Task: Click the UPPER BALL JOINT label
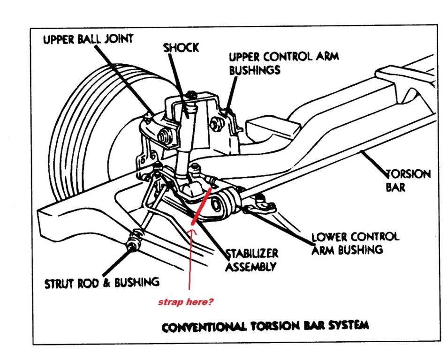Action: (x=88, y=39)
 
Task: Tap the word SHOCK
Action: (x=181, y=47)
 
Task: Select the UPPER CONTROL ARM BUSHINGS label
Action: (x=283, y=63)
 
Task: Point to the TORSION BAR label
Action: (x=402, y=180)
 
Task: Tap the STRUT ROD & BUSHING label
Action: (x=102, y=282)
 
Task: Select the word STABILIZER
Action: (x=252, y=254)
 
